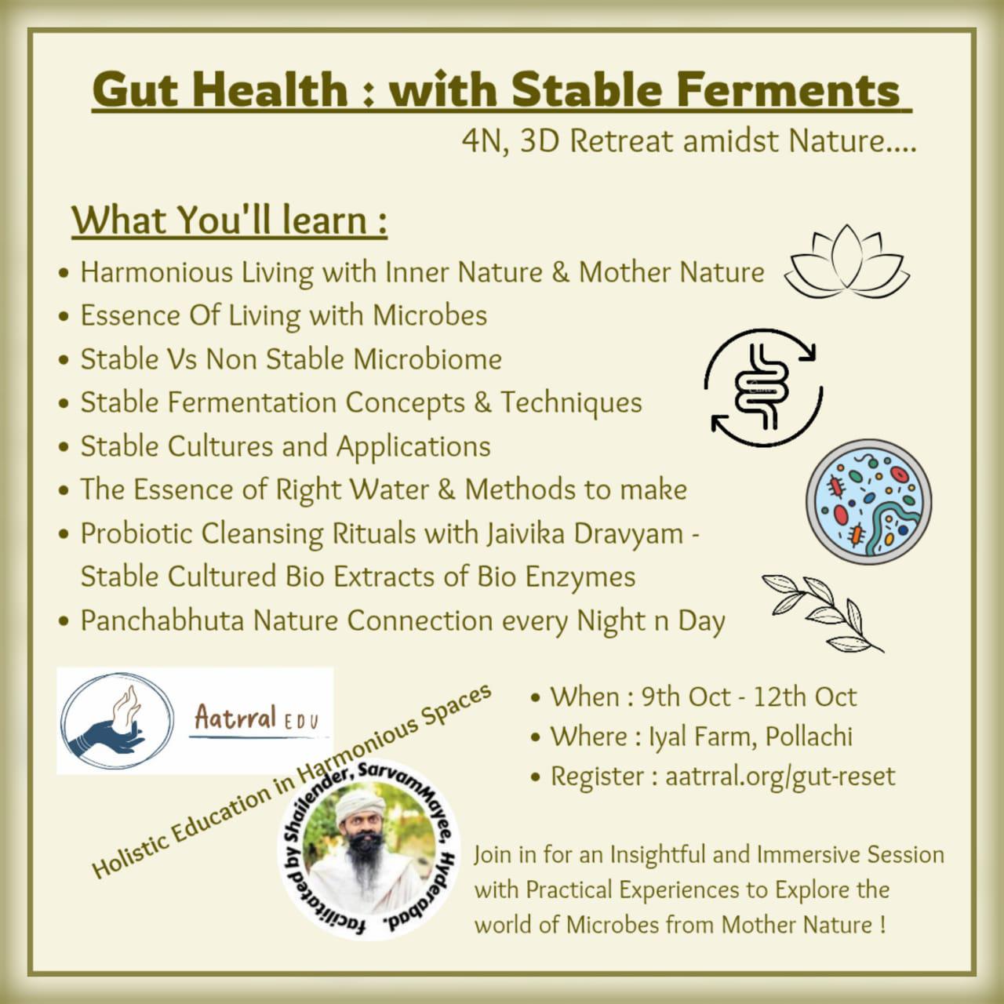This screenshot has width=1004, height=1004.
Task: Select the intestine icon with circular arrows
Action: point(762,387)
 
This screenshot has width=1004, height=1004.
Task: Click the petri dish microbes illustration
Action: point(868,501)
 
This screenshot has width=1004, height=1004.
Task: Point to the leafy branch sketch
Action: point(822,613)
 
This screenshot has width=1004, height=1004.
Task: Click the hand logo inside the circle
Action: point(117,721)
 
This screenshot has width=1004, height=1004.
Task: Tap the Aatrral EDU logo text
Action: point(256,720)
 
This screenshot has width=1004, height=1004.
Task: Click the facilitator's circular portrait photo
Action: point(369,853)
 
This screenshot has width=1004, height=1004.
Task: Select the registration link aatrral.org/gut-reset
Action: point(780,777)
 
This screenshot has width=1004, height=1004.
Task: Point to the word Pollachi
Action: point(809,737)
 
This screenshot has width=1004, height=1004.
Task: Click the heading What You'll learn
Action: point(229,221)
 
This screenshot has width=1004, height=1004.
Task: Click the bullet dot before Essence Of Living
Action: point(64,317)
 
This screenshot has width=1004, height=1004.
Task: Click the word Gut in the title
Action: point(136,89)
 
